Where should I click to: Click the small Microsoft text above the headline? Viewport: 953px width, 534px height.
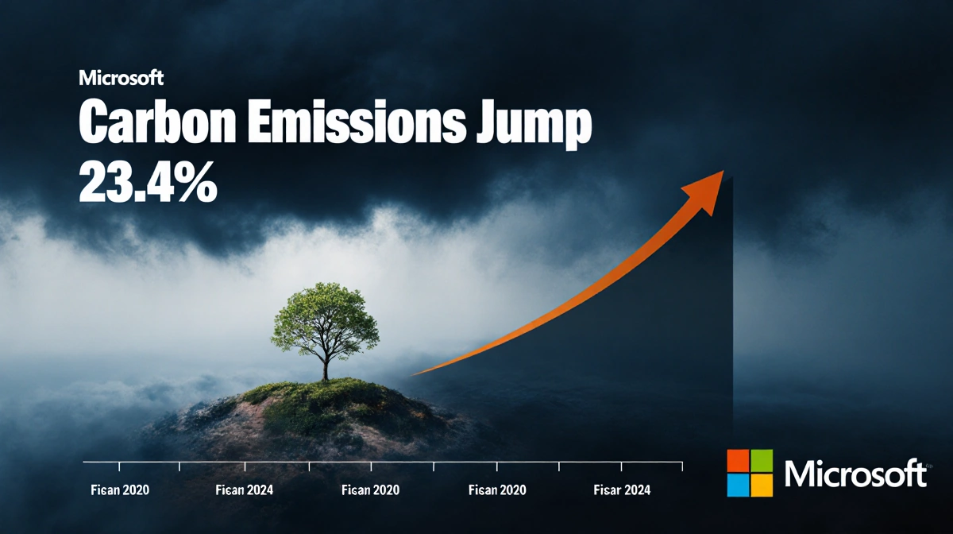121,79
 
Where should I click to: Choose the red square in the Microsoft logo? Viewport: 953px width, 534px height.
738,461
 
